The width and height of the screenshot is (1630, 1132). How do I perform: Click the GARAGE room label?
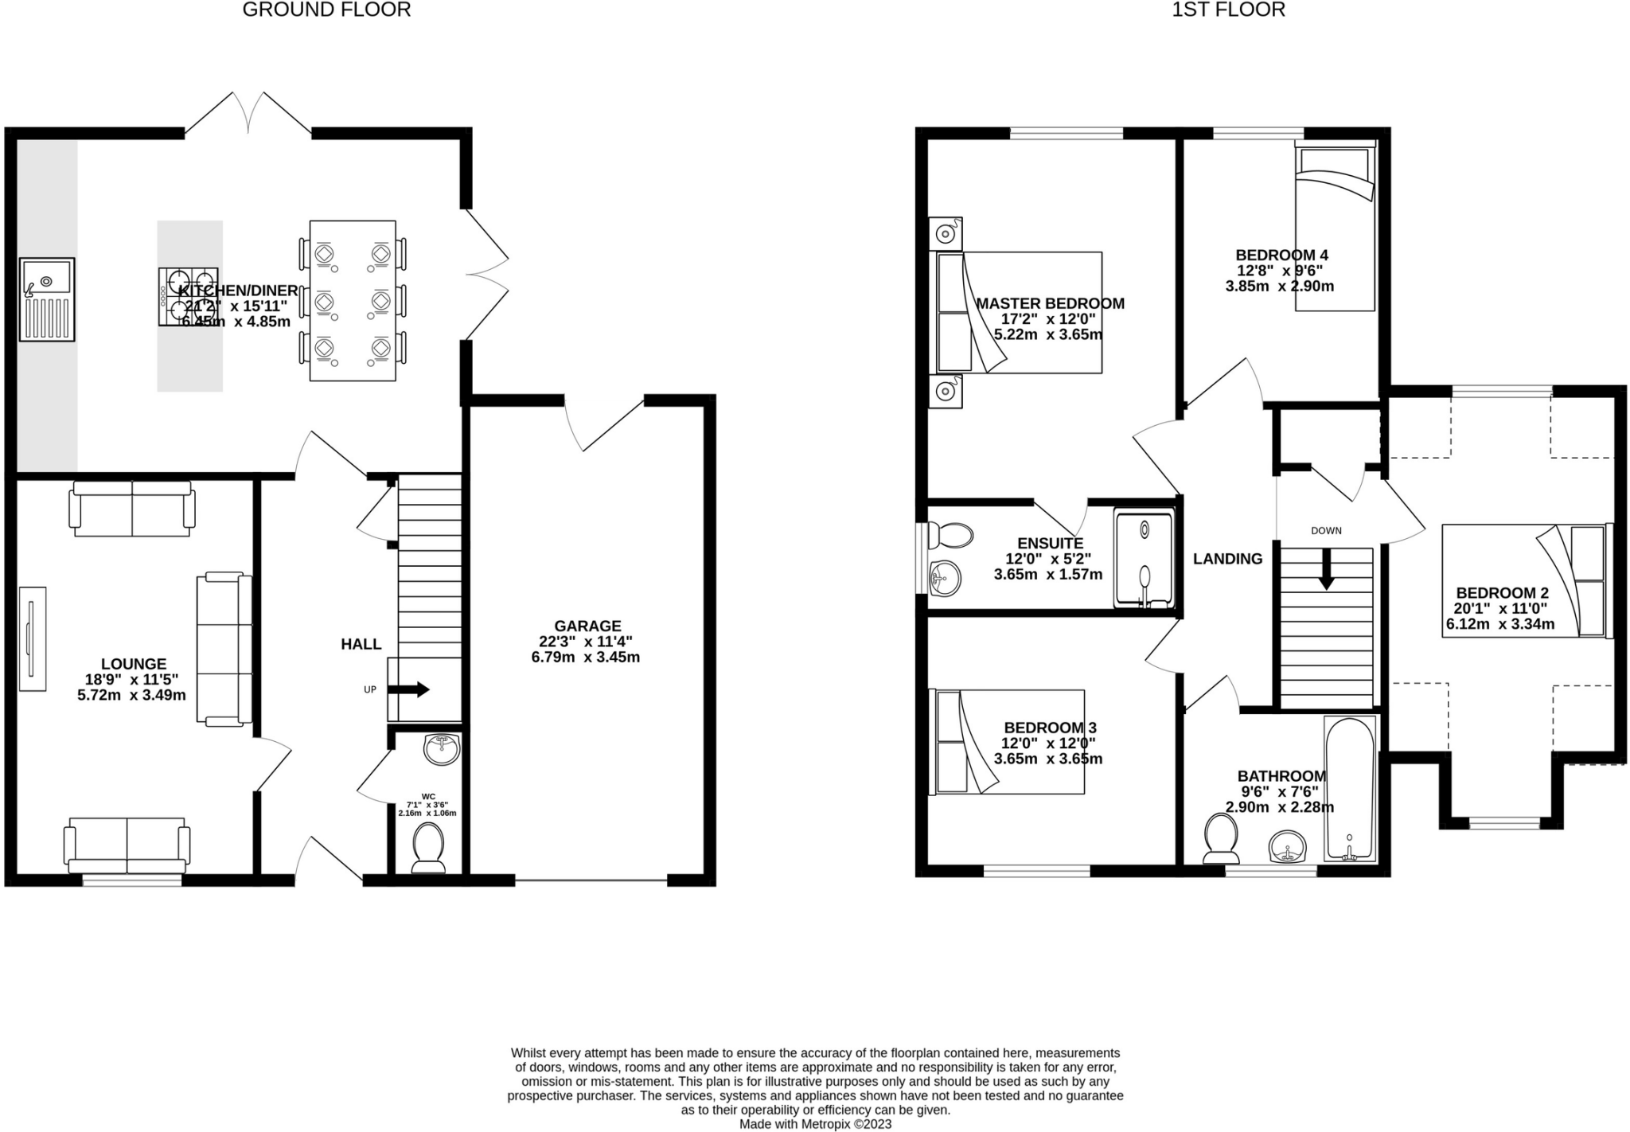pos(587,626)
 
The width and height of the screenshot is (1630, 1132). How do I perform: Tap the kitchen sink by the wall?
pos(48,299)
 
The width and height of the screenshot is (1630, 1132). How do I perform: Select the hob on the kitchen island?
pos(189,296)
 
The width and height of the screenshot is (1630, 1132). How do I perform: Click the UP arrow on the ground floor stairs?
pos(409,689)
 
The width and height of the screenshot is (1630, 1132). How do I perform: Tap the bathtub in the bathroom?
pos(1350,788)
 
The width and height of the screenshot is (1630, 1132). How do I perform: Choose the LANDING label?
pos(1227,559)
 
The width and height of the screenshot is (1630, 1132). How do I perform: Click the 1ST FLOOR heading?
pos(1228,10)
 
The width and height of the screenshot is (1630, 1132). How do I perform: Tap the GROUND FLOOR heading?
pos(326,10)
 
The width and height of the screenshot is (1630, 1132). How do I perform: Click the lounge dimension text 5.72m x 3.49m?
pos(131,695)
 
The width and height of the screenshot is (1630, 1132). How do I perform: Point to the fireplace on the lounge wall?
pos(33,639)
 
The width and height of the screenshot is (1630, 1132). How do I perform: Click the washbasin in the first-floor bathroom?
pos(1286,847)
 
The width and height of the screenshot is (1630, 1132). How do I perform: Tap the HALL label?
pos(361,644)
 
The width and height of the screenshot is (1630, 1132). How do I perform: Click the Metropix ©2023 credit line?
pos(815,1124)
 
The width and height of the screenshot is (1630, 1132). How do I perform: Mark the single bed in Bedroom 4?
pos(1335,227)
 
